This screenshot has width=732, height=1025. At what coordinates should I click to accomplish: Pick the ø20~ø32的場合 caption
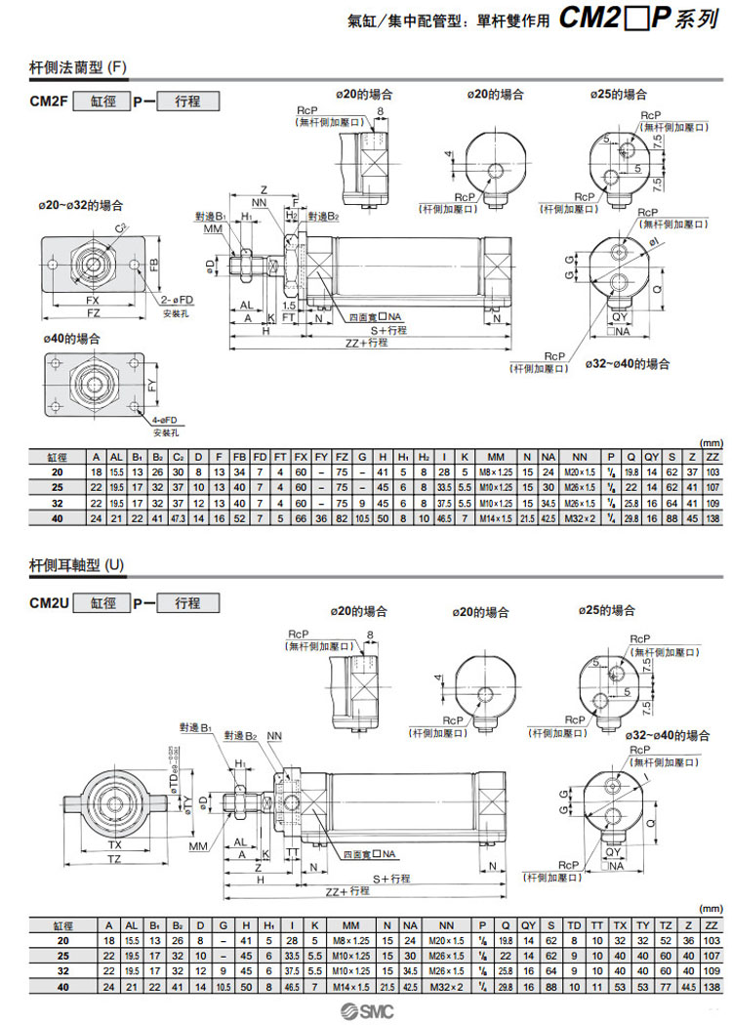point(83,205)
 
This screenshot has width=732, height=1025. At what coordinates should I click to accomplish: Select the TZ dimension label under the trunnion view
point(114,858)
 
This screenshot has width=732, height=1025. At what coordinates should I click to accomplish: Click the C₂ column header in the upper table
point(178,456)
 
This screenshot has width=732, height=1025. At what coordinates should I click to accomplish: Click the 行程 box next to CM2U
point(186,603)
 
